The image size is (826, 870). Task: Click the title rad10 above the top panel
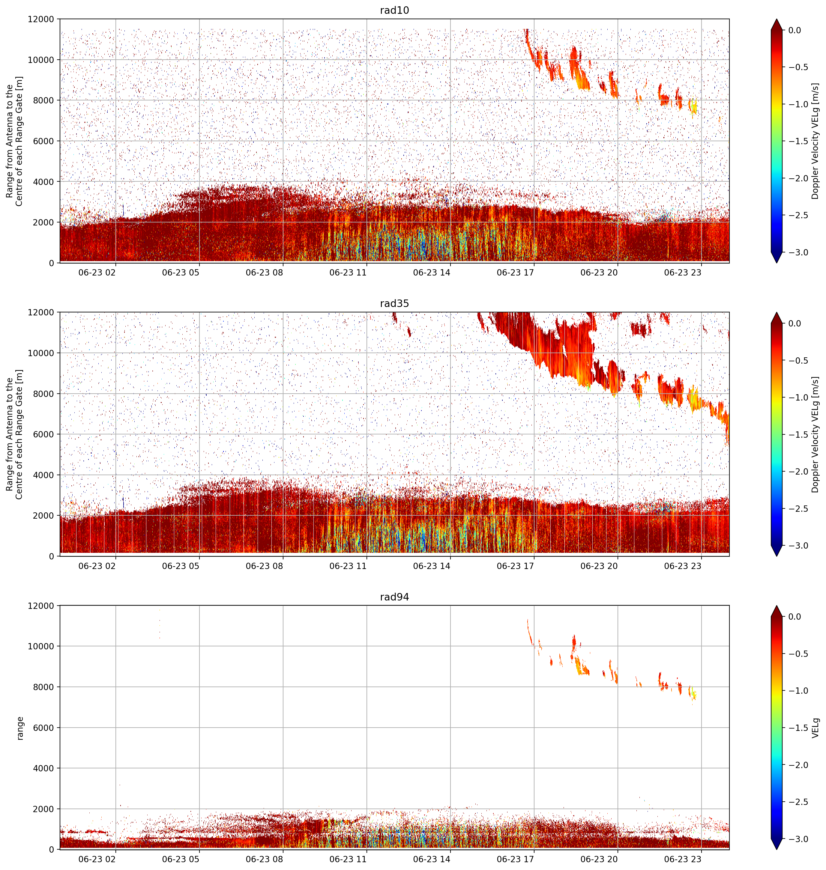[394, 10]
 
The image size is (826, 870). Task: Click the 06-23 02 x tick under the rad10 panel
[97, 273]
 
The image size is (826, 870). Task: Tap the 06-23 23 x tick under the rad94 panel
[682, 859]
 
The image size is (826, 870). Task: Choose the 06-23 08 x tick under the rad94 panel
[264, 859]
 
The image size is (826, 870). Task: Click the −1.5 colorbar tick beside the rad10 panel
[798, 141]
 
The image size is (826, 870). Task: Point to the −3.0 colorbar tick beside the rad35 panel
[798, 546]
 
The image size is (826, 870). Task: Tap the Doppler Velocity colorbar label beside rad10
[816, 141]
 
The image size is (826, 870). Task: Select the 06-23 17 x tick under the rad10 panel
[515, 273]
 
